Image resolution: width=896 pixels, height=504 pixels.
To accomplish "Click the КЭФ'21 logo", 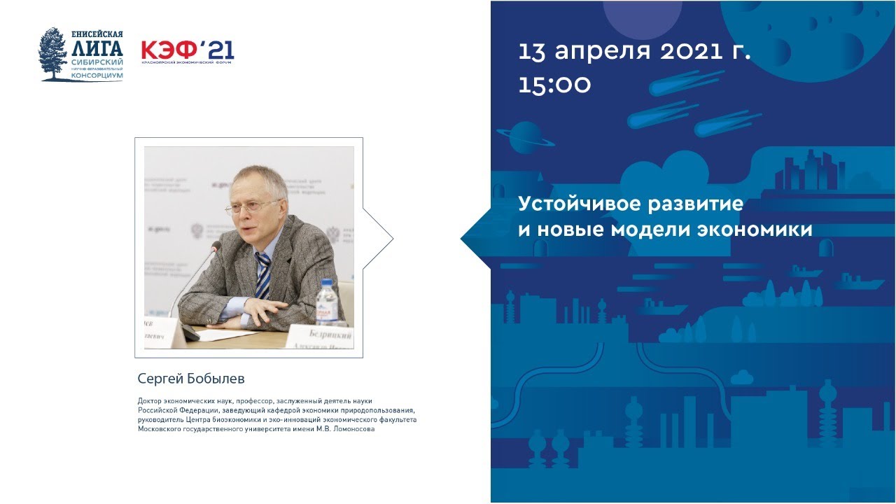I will point(187,50).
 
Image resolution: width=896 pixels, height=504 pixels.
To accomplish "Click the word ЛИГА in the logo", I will point(97,48).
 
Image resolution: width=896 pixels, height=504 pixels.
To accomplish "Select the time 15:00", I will point(554,85).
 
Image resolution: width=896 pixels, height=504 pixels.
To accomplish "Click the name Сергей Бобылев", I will point(190,379).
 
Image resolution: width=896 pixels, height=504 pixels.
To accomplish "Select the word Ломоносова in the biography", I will point(353,429).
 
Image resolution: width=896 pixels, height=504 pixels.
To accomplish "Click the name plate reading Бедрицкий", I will point(329,337).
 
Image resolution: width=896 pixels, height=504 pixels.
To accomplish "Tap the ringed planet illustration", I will point(526,136).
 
